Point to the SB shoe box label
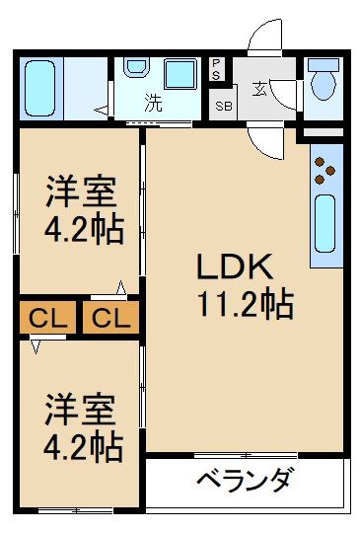[223, 105]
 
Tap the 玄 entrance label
[259, 90]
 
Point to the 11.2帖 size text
[244, 305]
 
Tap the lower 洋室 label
[79, 409]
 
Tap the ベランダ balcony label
[244, 482]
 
